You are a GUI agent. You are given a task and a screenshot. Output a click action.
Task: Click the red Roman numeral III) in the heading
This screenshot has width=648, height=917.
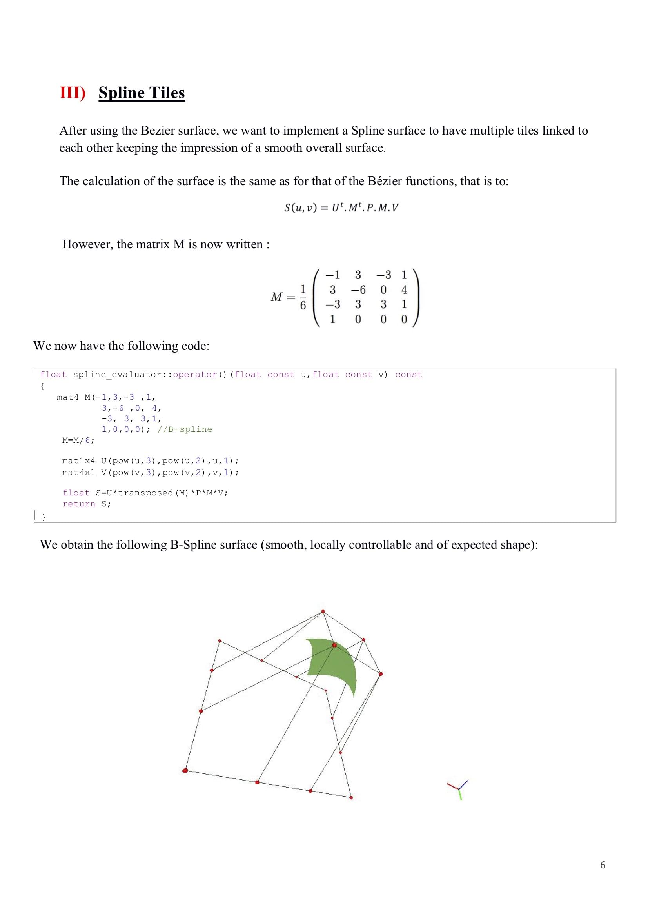(x=72, y=93)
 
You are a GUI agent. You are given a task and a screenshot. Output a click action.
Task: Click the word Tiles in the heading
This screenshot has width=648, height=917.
(x=167, y=93)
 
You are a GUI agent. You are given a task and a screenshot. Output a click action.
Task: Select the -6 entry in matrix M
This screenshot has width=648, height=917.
(x=358, y=289)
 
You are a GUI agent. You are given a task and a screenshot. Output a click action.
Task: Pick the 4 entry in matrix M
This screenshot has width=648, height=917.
(x=404, y=289)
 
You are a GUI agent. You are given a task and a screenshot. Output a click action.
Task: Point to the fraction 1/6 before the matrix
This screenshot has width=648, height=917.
(x=303, y=297)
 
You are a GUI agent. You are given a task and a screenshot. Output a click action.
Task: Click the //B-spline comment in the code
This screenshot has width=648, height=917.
(x=185, y=429)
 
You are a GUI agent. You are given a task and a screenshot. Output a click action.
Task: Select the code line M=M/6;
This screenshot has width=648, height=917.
(x=78, y=440)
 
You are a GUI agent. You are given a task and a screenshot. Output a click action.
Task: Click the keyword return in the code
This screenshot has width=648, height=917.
(x=79, y=504)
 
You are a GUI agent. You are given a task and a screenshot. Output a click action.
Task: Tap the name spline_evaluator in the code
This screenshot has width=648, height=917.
(x=117, y=375)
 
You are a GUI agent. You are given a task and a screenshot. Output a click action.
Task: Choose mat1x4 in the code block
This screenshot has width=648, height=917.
(x=79, y=461)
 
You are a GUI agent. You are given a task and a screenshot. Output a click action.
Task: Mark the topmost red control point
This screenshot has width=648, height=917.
(x=323, y=611)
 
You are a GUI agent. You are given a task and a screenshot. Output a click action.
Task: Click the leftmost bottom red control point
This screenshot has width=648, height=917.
(x=185, y=770)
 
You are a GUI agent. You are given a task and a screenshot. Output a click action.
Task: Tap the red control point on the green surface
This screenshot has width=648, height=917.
(x=334, y=646)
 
